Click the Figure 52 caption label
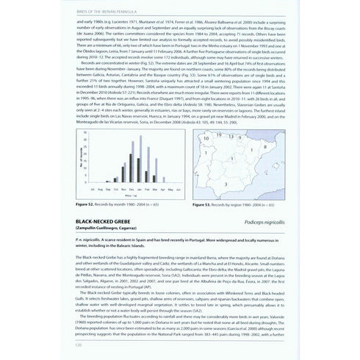click(86, 207)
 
